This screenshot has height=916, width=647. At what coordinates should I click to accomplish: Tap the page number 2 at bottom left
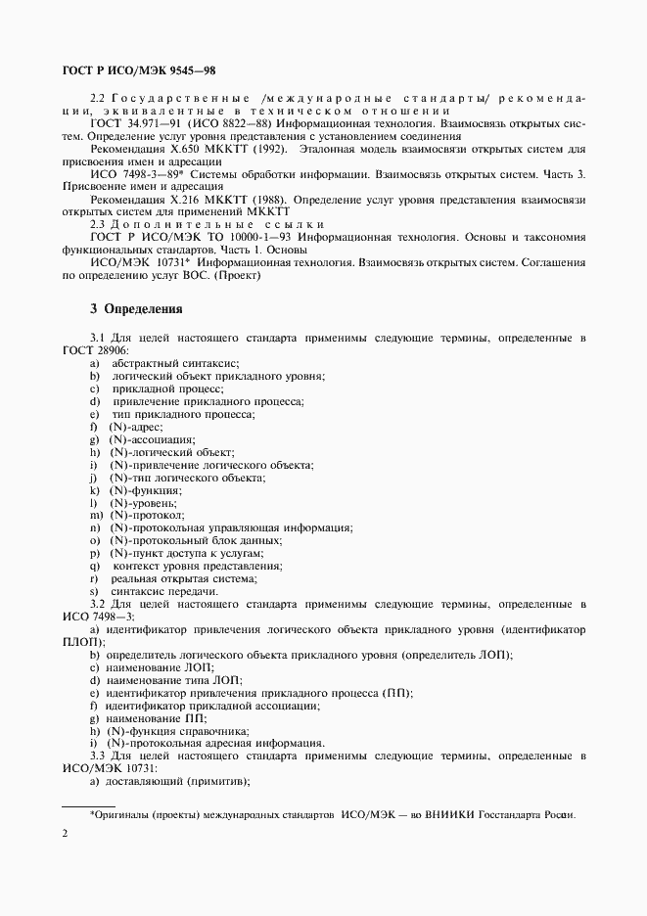(65, 832)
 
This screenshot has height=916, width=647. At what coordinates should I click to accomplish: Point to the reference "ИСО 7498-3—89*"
(135, 173)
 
